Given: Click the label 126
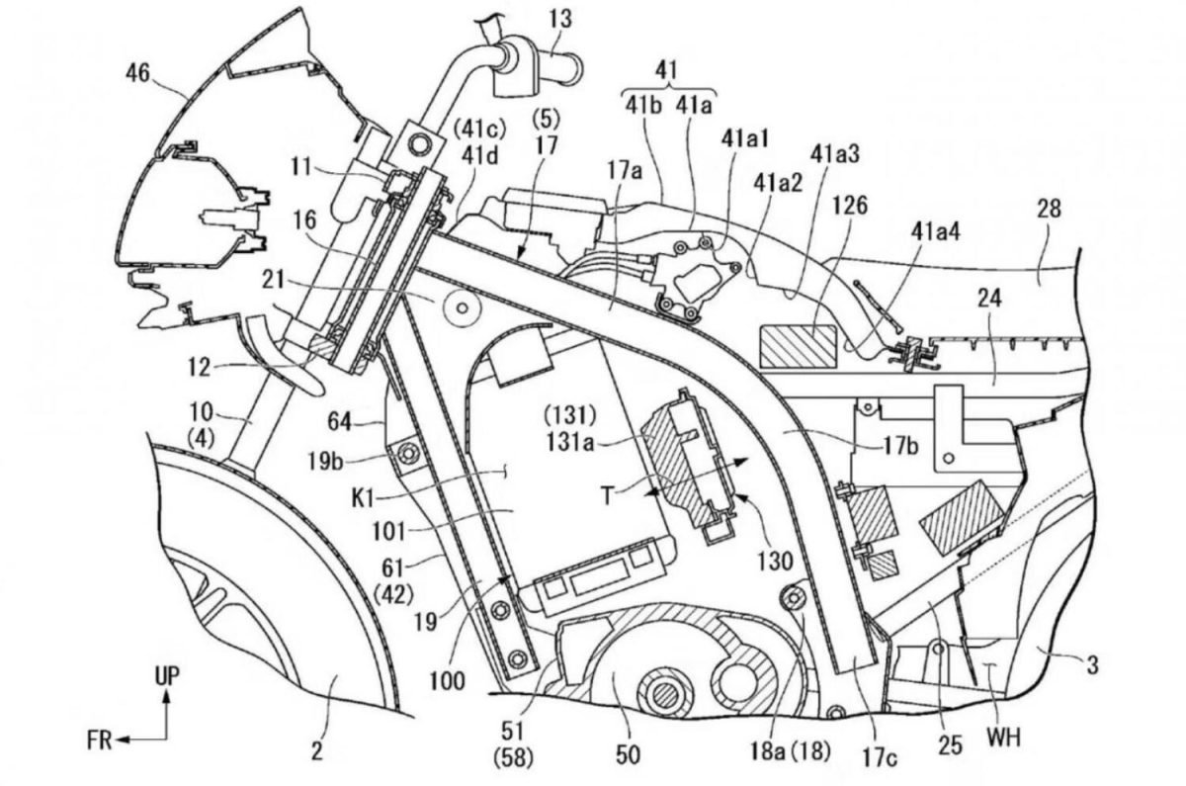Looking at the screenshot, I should tap(849, 206).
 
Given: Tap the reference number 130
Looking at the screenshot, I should tap(776, 561).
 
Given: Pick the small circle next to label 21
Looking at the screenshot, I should tap(461, 308).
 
